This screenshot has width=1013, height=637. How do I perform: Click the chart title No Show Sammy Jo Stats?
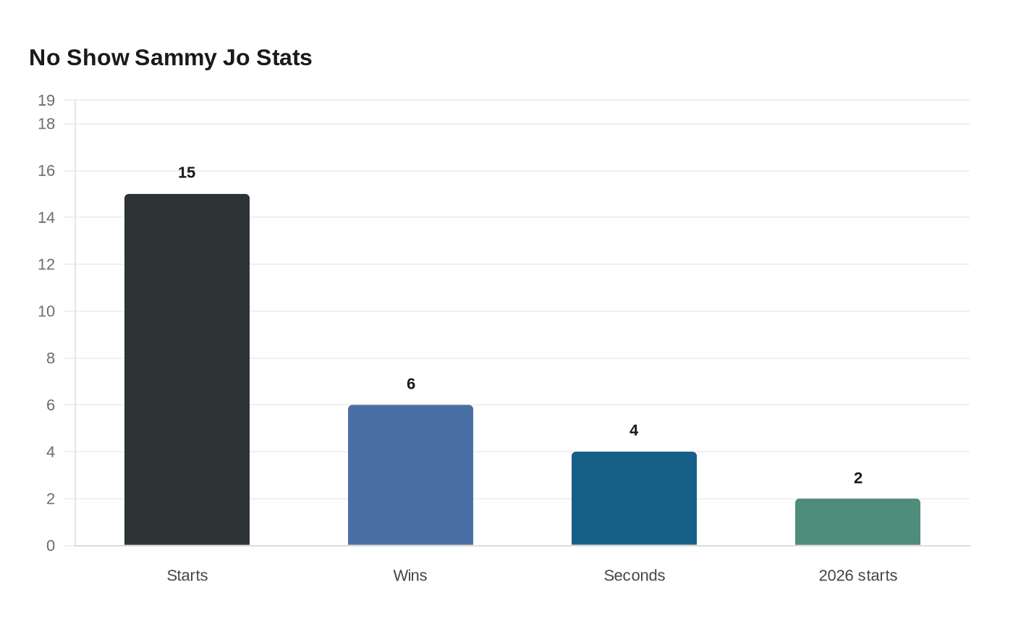click(171, 57)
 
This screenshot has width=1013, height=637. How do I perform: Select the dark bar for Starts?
click(187, 369)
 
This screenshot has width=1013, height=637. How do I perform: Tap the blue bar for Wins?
click(410, 475)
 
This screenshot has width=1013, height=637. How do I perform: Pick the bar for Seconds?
click(634, 498)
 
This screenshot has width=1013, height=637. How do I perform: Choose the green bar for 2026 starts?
click(857, 522)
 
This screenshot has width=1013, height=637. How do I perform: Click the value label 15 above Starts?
click(187, 172)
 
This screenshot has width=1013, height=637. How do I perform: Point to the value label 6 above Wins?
click(410, 384)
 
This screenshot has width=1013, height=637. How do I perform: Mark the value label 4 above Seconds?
click(634, 431)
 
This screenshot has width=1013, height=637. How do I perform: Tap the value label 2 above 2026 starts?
click(857, 478)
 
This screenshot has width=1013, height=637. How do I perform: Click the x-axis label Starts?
click(187, 575)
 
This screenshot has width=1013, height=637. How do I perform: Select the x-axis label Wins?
click(410, 575)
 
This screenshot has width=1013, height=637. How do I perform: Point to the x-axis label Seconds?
click(634, 575)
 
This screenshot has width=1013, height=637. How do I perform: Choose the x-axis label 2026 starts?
click(857, 575)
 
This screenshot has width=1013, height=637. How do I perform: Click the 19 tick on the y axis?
click(46, 101)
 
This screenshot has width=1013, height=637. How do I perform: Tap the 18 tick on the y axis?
click(46, 124)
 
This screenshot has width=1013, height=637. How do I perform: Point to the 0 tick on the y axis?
click(51, 546)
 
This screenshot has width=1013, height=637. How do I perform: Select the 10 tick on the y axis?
click(46, 311)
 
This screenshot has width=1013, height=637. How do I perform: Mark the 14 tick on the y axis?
click(46, 217)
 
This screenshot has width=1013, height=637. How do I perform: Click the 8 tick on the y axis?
click(51, 358)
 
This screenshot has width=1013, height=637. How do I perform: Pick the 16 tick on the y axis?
click(46, 171)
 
